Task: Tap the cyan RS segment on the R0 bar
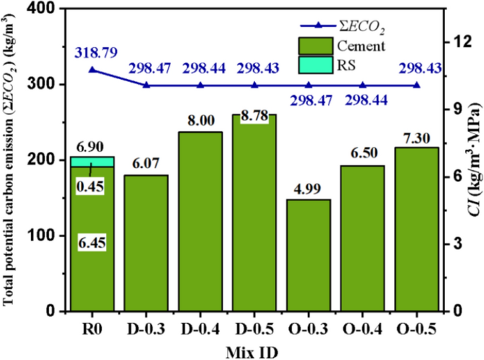(x=92, y=162)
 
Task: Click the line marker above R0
(x=92, y=69)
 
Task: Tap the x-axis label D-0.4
(x=200, y=330)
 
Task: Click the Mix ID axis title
(x=254, y=350)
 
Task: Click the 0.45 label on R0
(x=93, y=186)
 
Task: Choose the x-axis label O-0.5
(x=417, y=330)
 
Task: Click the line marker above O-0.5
(x=417, y=85)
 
